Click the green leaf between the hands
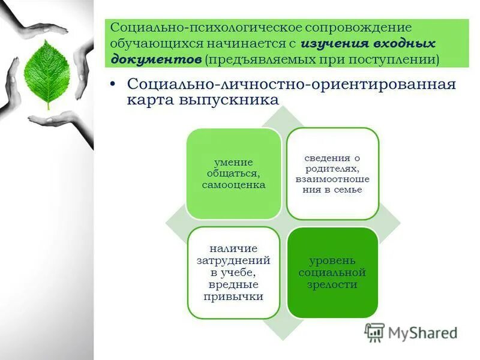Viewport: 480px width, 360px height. pyautogui.click(x=46, y=71)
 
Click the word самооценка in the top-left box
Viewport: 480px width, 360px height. pyautogui.click(x=233, y=185)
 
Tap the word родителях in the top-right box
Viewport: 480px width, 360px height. pyautogui.click(x=332, y=169)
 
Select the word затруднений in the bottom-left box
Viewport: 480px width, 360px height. pyautogui.click(x=233, y=261)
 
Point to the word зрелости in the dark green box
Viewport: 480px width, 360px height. pyautogui.click(x=333, y=284)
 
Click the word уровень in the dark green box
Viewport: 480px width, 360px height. pyautogui.click(x=333, y=260)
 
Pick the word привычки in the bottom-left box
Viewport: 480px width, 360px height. pyautogui.click(x=233, y=296)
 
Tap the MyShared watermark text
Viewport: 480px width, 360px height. pyautogui.click(x=422, y=333)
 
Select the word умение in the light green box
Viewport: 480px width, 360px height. pyautogui.click(x=233, y=162)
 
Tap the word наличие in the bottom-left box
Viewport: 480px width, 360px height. pyautogui.click(x=233, y=248)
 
